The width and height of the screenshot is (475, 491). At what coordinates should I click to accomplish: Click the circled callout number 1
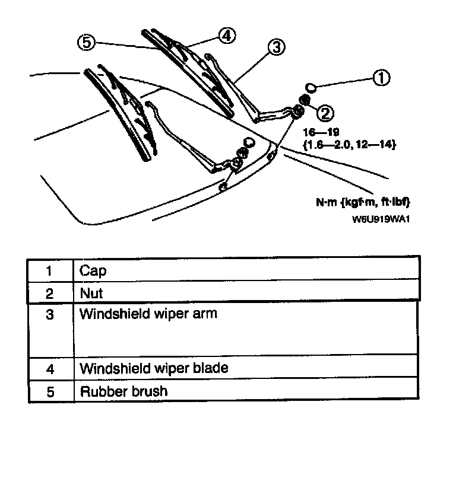coord(381,78)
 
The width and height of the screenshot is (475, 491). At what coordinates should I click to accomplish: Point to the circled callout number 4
coord(225,35)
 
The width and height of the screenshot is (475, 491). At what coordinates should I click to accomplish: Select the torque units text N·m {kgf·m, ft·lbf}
coord(363,202)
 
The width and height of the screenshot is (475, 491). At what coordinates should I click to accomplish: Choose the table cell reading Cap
coord(93,272)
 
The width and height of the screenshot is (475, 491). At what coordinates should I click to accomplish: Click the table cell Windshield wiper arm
coord(148,313)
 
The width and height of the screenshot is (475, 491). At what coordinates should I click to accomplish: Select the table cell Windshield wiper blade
coord(153,368)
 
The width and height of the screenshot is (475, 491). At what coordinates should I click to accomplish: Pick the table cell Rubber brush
coord(123,391)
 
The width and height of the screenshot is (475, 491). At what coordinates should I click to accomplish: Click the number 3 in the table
coord(50,314)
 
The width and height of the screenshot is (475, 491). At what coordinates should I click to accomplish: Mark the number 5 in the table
coord(50,392)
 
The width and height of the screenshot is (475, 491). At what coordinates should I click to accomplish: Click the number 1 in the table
coord(50,272)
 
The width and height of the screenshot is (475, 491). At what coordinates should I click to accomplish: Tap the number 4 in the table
coord(50,369)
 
